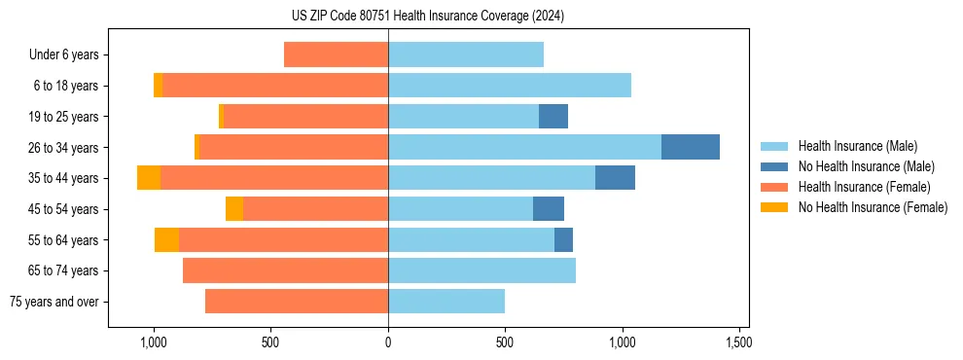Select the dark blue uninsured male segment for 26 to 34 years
click(691, 147)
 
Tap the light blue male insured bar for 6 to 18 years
click(510, 86)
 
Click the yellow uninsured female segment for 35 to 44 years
click(149, 178)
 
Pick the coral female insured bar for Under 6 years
click(336, 54)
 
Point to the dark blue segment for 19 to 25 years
click(553, 117)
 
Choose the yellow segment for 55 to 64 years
click(166, 239)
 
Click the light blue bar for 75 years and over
click(446, 302)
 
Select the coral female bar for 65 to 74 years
click(285, 270)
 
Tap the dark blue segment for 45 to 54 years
click(549, 209)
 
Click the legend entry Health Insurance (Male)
click(857, 146)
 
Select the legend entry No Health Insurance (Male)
click(866, 166)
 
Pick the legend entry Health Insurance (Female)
click(864, 187)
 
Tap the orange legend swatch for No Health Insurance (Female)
click(774, 207)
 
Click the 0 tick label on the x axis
click(388, 342)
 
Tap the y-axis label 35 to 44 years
click(65, 178)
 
